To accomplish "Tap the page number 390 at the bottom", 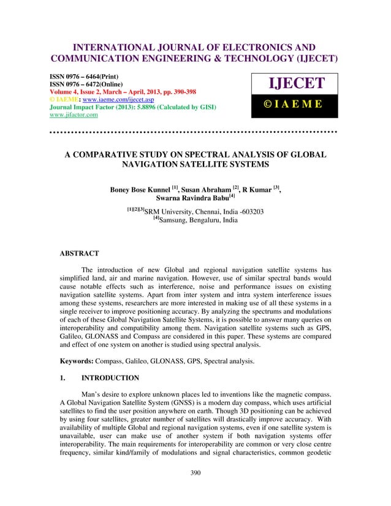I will (195, 490).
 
